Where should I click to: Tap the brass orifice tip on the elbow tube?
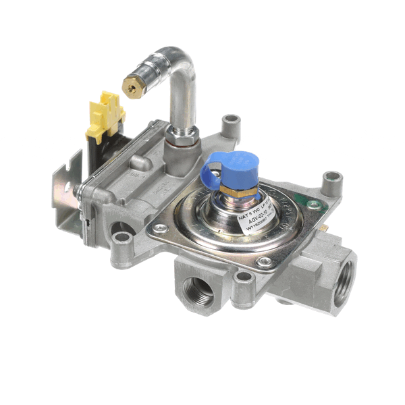pyautogui.click(x=130, y=86)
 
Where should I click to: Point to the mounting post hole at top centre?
pyautogui.click(x=232, y=121)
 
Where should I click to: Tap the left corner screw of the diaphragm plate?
pyautogui.click(x=160, y=230)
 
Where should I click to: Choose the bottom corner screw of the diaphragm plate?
pyautogui.click(x=266, y=261)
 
